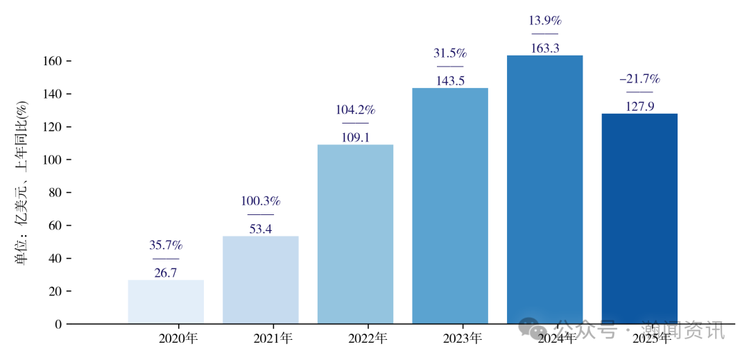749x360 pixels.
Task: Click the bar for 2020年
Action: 166,302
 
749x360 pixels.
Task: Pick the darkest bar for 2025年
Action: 639,218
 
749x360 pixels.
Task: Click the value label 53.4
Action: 261,229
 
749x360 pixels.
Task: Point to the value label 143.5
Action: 450,80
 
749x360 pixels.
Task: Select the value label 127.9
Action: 639,106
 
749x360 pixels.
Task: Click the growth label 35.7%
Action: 166,246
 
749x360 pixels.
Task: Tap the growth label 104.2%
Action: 355,110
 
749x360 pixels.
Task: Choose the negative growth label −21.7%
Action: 639,78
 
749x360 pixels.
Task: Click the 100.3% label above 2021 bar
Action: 261,201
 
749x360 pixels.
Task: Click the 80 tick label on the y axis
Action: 55,193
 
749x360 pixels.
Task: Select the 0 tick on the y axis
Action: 58,324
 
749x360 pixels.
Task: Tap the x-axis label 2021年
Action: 273,339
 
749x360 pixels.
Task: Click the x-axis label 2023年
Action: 462,339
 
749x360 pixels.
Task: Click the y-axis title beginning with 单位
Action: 23,183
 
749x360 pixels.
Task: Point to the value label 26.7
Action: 166,273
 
